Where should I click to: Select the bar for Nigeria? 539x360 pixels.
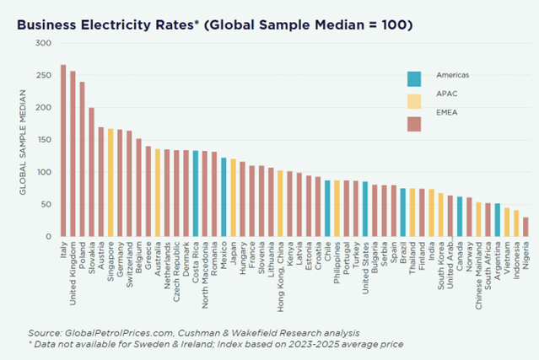[x=526, y=228]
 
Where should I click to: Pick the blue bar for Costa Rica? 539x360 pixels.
[x=196, y=194]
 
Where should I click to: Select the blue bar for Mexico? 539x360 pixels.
[x=224, y=197]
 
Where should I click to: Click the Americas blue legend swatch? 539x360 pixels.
[x=414, y=78]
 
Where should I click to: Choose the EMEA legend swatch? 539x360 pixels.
[x=414, y=124]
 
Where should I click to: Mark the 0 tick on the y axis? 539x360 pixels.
[x=48, y=237]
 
